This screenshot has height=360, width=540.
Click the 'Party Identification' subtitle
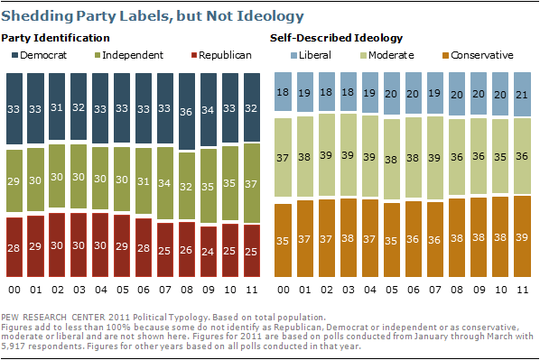coord(56,37)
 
